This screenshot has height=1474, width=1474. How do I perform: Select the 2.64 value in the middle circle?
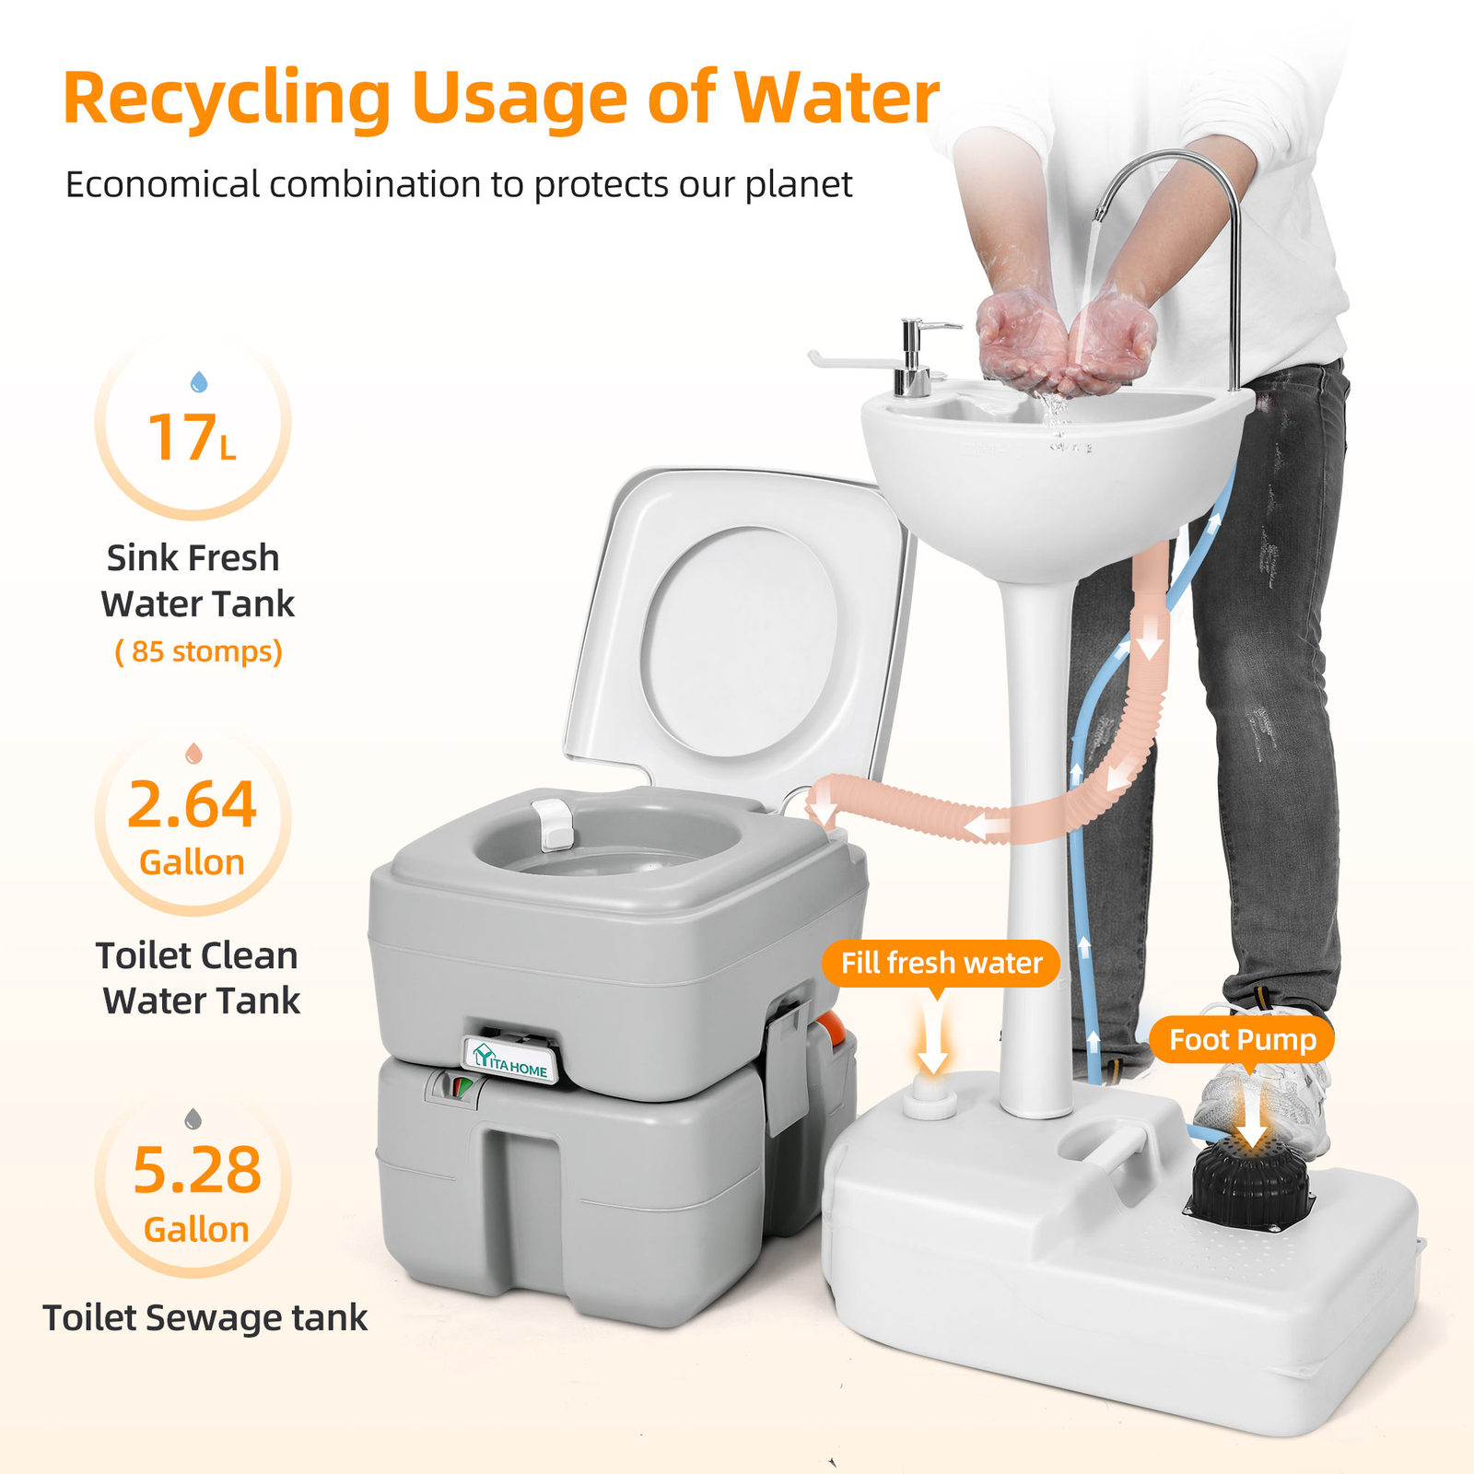coord(192,805)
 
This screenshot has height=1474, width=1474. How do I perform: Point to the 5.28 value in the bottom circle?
coord(197,1172)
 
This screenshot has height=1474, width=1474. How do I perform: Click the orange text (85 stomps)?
coord(198,651)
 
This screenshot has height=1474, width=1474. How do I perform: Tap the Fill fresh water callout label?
coord(941,964)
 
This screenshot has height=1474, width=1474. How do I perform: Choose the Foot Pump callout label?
coord(1242,1040)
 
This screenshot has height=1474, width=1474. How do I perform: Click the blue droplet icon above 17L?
coord(198,381)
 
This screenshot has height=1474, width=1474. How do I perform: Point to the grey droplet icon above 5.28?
coord(193,1119)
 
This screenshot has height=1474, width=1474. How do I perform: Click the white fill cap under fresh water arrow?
coord(930,1097)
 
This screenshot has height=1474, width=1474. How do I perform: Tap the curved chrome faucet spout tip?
coord(1100,214)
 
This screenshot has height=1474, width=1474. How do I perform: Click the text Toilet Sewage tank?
coord(205,1318)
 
